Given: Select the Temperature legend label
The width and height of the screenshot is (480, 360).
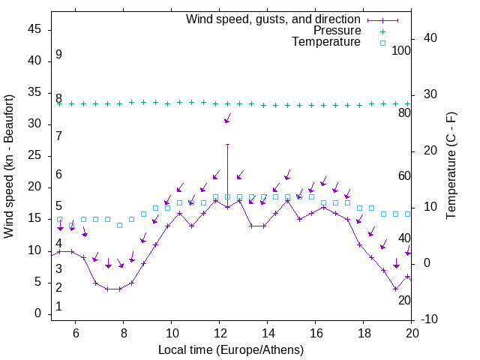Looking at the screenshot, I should coord(326,43).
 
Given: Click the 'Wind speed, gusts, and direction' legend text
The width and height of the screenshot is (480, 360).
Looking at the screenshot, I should coord(274,19).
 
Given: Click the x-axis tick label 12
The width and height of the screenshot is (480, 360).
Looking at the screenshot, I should coord(219,333).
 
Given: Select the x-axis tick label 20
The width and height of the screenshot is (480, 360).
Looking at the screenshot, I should coord(412,333).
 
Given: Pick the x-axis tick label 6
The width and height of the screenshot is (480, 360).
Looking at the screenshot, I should coord(75,333).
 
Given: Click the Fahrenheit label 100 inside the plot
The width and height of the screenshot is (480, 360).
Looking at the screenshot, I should coord(401,51).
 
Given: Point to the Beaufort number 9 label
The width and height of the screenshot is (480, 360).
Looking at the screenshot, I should coord(58,55).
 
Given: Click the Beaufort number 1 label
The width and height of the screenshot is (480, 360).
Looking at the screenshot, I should coord(58,307).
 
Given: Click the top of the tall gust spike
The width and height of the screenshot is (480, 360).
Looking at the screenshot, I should coord(227,144).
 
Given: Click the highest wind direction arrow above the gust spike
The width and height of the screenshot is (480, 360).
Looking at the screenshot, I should coord(227,119).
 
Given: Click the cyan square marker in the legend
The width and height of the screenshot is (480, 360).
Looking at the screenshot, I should coord(382,43).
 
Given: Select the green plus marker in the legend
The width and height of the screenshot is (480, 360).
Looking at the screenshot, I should coord(382,31).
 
